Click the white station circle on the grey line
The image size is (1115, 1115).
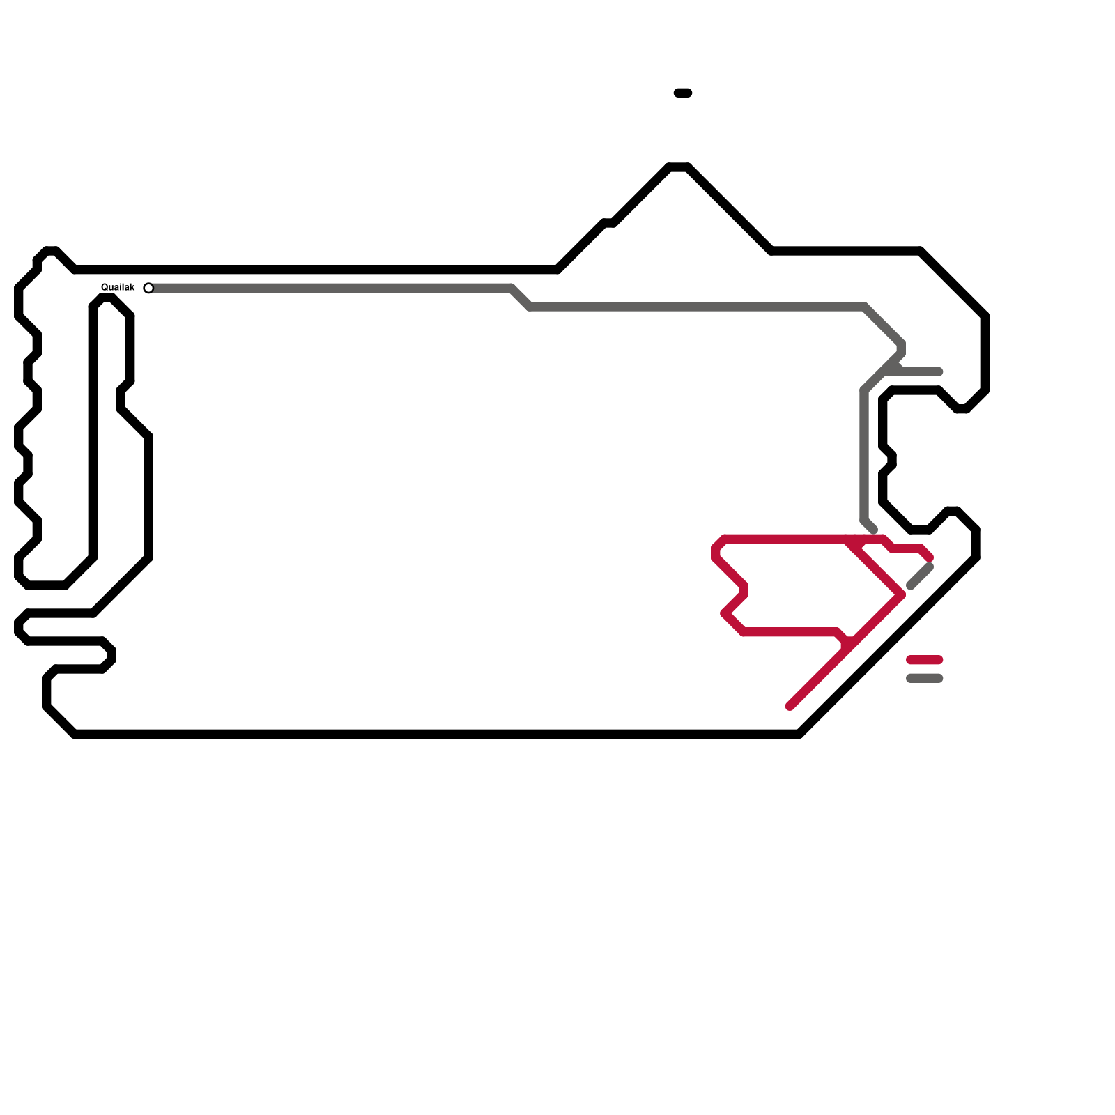pos(148,288)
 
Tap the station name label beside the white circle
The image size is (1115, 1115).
pos(118,287)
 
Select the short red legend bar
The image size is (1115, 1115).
pos(924,659)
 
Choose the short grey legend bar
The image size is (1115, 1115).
pos(924,678)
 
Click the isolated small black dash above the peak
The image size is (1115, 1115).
pos(683,93)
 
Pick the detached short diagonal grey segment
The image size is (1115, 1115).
pos(920,576)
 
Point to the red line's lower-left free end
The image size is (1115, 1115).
pos(790,706)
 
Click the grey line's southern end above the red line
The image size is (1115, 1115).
pos(873,530)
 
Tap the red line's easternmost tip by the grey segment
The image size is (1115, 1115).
pos(929,557)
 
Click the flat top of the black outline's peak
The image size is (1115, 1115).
pos(679,167)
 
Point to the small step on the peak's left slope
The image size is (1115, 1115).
pos(608,223)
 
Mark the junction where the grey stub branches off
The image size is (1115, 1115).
pos(895,362)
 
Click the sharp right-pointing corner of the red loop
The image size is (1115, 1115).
pos(902,594)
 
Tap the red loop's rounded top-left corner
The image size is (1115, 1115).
pos(718,544)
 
